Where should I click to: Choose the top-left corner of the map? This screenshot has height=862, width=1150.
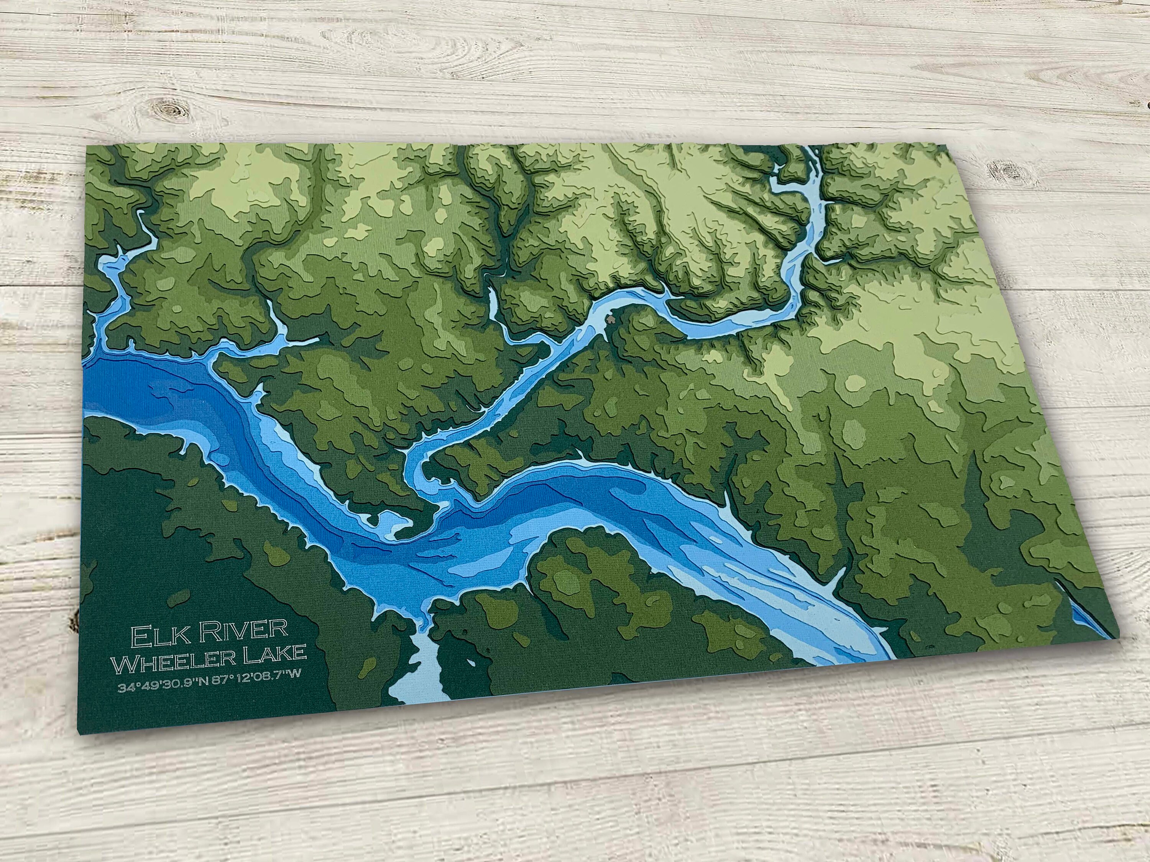point(87,146)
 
